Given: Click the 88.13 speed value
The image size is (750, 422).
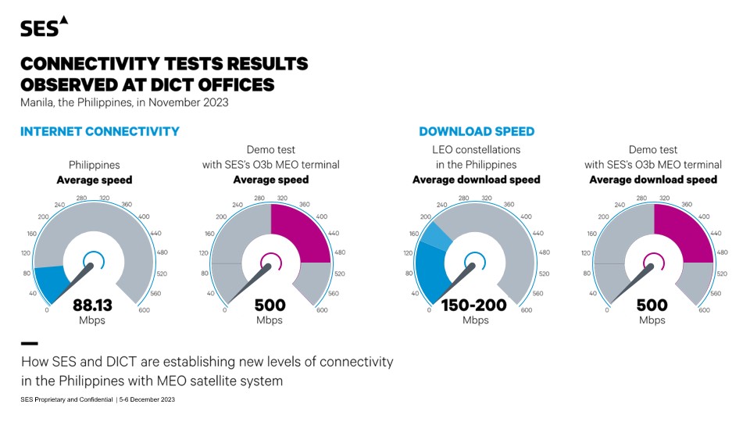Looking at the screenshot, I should click(x=93, y=305).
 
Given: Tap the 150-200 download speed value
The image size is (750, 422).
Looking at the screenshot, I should click(x=475, y=305).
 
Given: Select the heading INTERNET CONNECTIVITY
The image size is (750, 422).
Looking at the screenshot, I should click(x=100, y=131).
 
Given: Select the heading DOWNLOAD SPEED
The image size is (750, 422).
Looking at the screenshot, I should click(x=477, y=131).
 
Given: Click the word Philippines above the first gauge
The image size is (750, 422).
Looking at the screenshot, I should click(x=95, y=165).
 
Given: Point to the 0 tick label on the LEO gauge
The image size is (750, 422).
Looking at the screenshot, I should click(x=429, y=310).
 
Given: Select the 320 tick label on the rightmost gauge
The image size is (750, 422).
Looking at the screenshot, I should click(x=663, y=198).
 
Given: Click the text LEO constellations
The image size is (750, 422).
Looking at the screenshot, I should click(x=477, y=149).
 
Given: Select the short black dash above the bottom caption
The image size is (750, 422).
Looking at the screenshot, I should click(x=29, y=343).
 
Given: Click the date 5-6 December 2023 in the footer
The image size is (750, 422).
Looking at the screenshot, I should click(x=148, y=399).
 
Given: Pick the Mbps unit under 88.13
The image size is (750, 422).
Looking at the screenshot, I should click(x=93, y=320).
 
